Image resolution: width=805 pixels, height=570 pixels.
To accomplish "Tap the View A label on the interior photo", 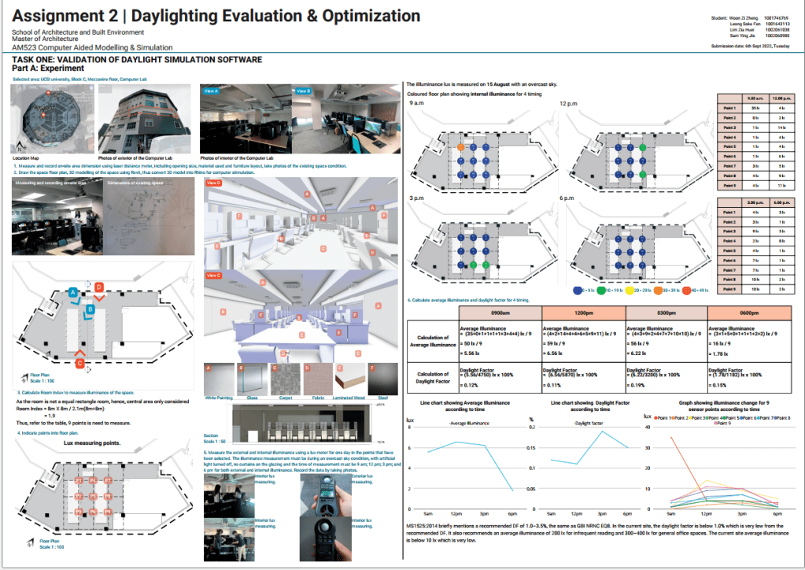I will [211, 91].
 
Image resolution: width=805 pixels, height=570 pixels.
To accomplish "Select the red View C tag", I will [213, 275].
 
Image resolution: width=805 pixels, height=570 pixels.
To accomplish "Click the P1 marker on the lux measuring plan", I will [78, 479].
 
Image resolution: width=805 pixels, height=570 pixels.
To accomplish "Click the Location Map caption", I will [28, 158].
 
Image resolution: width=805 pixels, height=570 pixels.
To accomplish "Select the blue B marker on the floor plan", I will [90, 310].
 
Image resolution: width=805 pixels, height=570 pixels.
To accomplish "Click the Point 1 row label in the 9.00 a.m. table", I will [729, 107].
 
